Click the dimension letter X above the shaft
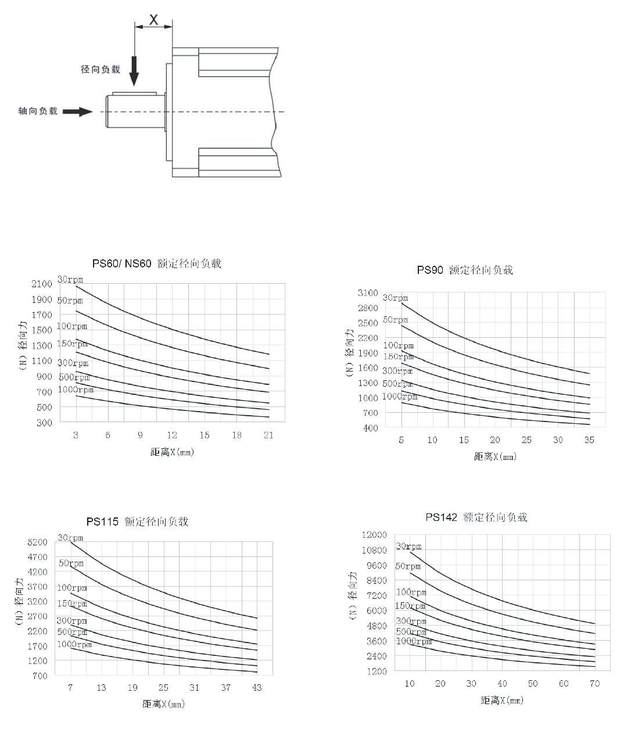[153, 19]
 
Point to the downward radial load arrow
[134, 71]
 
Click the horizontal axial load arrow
[78, 112]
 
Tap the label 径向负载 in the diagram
[101, 69]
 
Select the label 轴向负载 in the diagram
[38, 111]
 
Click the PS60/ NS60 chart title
[157, 263]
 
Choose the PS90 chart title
[465, 270]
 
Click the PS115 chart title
[138, 522]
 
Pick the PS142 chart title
[476, 517]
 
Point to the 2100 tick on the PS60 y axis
[42, 284]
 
